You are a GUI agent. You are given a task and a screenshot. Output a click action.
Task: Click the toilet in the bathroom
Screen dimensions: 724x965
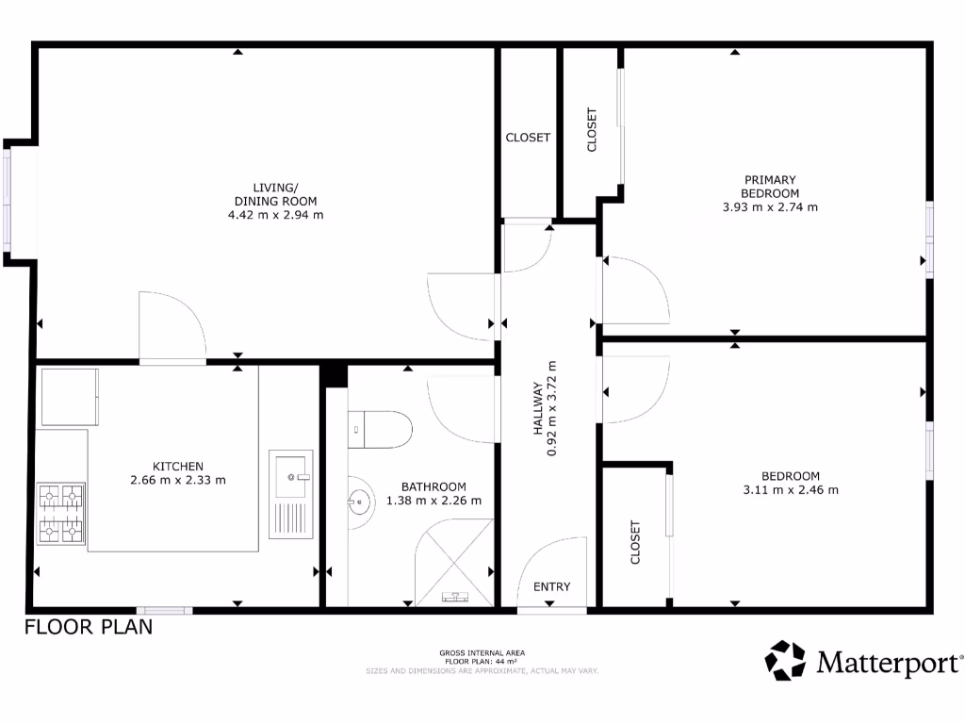pos(379,431)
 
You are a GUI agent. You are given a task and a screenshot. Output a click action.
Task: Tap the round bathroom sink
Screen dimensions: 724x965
pos(361,502)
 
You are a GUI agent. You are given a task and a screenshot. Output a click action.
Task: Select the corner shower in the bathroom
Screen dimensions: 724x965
pos(455,562)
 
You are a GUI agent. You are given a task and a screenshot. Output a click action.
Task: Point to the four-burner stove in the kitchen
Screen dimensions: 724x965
pos(60,515)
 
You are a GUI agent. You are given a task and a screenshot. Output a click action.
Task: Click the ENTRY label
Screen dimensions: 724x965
pos(552,587)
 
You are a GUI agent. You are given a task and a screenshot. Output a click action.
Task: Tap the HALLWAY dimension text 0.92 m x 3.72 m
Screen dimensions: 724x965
pos(553,409)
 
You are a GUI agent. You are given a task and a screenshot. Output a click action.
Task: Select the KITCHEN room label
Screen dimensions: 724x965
pos(178,466)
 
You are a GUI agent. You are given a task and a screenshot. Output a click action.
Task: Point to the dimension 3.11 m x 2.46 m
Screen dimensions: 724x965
pos(791,489)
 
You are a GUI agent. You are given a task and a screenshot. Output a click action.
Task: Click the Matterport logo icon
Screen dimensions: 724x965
pos(785,660)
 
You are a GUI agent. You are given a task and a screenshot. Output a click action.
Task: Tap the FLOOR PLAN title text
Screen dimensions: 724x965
pos(89,628)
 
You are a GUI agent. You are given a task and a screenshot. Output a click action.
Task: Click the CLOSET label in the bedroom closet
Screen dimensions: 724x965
pos(634,542)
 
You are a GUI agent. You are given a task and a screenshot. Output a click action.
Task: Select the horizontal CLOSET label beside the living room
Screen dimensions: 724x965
pos(528,138)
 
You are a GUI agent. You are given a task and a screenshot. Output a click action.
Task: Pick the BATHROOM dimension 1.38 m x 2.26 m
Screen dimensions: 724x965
pos(433,501)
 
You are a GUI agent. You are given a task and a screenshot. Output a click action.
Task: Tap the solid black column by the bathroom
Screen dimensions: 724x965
pos(334,375)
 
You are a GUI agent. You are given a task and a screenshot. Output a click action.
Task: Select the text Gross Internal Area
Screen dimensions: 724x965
pos(482,652)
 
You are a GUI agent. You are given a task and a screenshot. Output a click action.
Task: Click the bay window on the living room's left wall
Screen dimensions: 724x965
pos(9,202)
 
